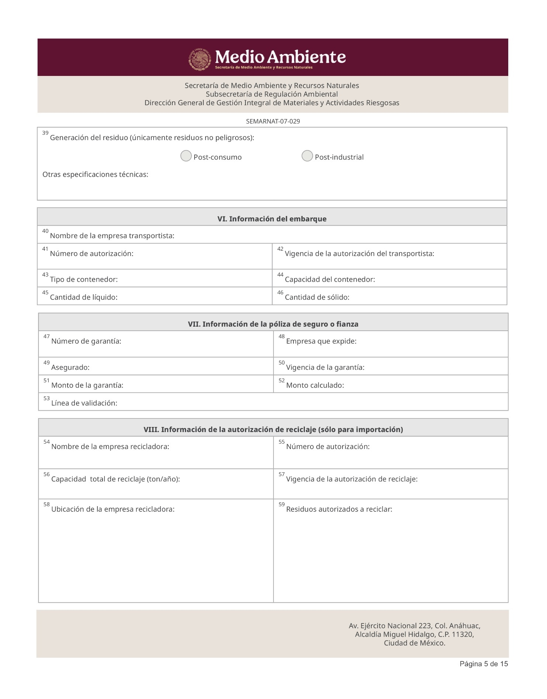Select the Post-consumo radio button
pyautogui.click(x=186, y=156)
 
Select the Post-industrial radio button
pyautogui.click(x=307, y=156)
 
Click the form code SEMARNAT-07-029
pyautogui.click(x=273, y=121)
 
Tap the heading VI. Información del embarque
pyautogui.click(x=272, y=219)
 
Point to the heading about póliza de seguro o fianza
pyautogui.click(x=273, y=324)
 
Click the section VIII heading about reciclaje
pyautogui.click(x=273, y=430)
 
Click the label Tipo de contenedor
pyautogui.click(x=84, y=279)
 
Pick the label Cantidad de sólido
pyautogui.click(x=317, y=297)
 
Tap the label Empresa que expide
pyautogui.click(x=321, y=341)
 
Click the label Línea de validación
pyautogui.click(x=84, y=403)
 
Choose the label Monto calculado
pyautogui.click(x=315, y=385)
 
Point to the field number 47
pyautogui.click(x=46, y=337)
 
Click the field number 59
pyautogui.click(x=282, y=504)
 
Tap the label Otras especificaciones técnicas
pyautogui.click(x=95, y=175)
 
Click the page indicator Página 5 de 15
pyautogui.click(x=484, y=664)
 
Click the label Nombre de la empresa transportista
pyautogui.click(x=112, y=236)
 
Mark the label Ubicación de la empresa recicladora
pyautogui.click(x=113, y=510)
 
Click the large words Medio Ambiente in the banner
pyautogui.click(x=280, y=57)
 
